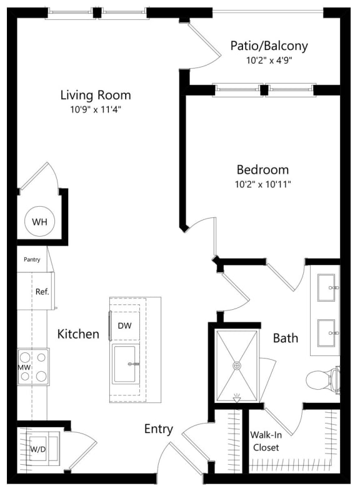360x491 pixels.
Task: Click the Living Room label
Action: coord(96,95)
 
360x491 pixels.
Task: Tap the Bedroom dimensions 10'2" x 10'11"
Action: coord(262,184)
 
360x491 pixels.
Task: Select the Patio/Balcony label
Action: coord(269,46)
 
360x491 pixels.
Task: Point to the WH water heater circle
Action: coord(39,222)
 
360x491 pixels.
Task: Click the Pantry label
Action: coord(32,259)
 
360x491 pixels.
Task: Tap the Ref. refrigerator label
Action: coord(42,291)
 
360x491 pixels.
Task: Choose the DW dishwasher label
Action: coord(124,325)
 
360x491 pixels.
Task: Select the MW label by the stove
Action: coord(24,367)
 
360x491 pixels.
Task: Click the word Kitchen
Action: coord(78,334)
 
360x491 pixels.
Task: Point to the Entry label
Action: coord(158,429)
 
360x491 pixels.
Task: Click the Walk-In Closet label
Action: coord(264,441)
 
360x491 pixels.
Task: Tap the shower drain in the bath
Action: coord(237,365)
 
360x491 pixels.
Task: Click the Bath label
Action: coord(285,338)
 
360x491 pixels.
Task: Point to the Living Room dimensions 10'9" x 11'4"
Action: coord(96,111)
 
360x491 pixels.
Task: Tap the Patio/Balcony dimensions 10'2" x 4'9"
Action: coord(269,61)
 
